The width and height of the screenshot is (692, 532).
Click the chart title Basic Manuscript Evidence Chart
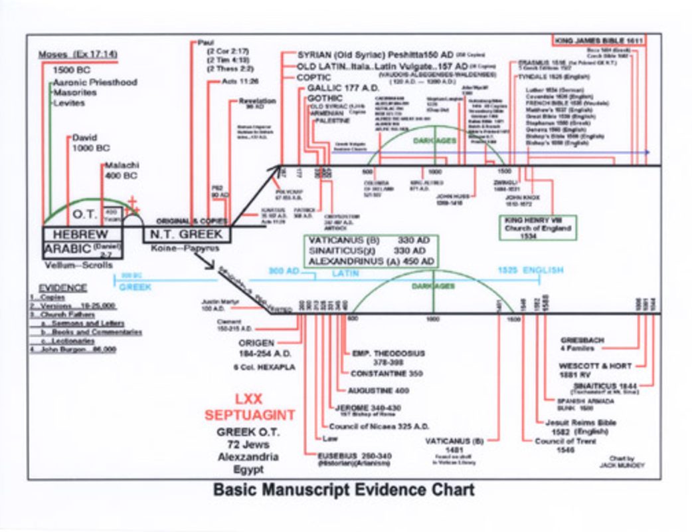[343, 490]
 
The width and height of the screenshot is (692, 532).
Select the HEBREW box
[81, 234]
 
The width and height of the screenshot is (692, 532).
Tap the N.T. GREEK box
[186, 234]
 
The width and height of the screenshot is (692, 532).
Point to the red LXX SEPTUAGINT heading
[248, 407]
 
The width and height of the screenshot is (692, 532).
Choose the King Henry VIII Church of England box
[538, 227]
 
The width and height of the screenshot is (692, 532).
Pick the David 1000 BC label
[91, 142]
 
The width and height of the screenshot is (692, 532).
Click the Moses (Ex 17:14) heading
[77, 55]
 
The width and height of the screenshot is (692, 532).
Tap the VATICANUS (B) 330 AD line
[370, 240]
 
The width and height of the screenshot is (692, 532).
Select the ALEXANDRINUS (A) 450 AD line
[370, 261]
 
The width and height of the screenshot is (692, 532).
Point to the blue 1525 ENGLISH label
[531, 271]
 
